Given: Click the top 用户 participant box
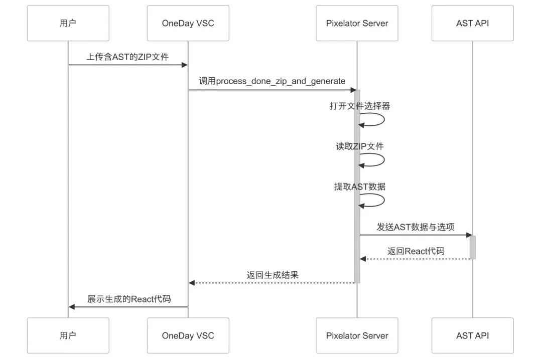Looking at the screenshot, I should pos(68,23).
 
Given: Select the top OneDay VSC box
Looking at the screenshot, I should pos(188,23).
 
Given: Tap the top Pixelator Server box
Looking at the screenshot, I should pos(357,23).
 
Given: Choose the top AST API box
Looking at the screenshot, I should pos(472,23).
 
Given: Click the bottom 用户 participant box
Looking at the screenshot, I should pos(68,335).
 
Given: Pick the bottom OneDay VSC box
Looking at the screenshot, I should pos(188,335).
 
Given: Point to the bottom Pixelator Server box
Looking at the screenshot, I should pos(357,335).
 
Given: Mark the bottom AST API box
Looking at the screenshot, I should pos(472,335).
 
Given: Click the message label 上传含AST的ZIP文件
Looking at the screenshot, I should pos(127,57).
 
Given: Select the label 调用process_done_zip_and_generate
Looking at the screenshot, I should pos(272,81).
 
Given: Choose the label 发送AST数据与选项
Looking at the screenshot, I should pos(416,227).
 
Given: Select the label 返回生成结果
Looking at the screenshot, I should pos(273,275).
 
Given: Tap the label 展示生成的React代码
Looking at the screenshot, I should pos(129,299).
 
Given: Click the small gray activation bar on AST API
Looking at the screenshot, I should pos(472,247).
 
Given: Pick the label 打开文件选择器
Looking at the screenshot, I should pos(360,106).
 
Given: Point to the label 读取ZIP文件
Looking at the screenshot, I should pos(360,146).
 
